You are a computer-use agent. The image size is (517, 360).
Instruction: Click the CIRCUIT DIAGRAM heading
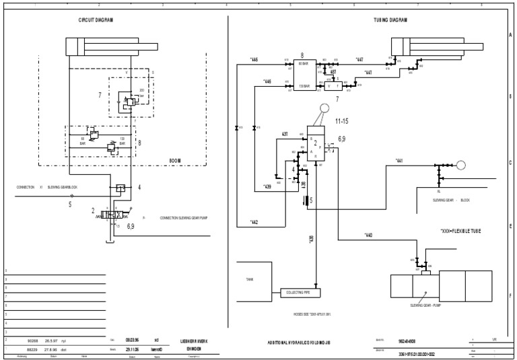click(x=96, y=20)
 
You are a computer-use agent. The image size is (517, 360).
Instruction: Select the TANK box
click(x=249, y=279)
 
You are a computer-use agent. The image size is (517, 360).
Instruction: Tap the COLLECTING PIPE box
click(x=300, y=292)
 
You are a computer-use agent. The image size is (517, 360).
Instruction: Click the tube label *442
click(x=254, y=222)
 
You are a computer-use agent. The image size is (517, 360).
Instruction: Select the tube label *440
click(x=368, y=235)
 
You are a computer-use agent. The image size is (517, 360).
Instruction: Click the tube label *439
click(x=267, y=186)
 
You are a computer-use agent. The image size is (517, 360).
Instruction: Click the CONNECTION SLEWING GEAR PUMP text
click(x=185, y=217)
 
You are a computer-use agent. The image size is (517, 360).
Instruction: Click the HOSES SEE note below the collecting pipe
click(x=312, y=314)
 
